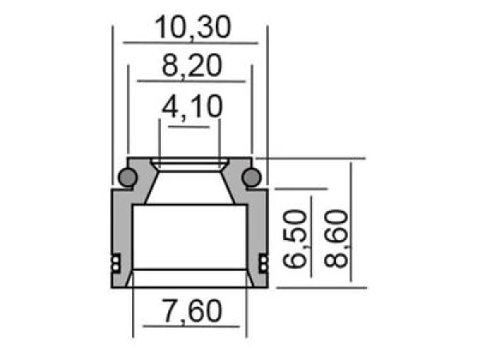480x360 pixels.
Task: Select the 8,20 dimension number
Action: (x=190, y=66)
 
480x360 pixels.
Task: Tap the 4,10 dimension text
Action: (x=190, y=107)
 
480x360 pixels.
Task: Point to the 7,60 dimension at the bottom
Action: (x=190, y=311)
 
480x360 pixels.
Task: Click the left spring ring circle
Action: (x=126, y=177)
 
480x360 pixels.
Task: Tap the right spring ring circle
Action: (x=252, y=177)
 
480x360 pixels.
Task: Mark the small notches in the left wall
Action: (x=114, y=262)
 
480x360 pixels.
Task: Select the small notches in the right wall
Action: (x=264, y=262)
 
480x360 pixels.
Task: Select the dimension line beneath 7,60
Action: (x=190, y=326)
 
